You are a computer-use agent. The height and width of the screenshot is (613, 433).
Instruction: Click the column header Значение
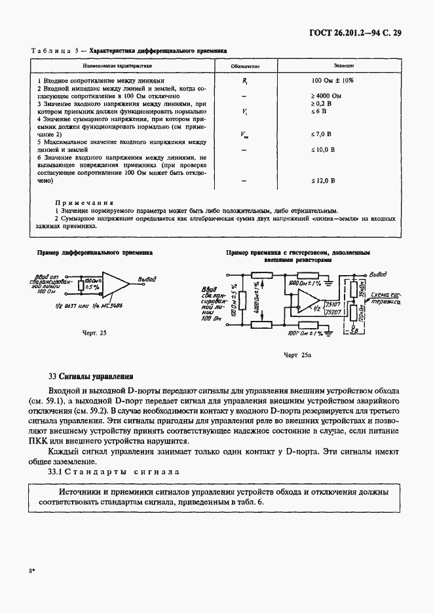[x=344, y=67]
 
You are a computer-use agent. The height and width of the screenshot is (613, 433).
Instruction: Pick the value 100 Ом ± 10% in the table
[x=333, y=81]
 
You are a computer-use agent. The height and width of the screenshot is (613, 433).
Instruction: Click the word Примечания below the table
[x=85, y=203]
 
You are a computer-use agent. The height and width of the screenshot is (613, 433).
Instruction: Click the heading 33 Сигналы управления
[x=91, y=377]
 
